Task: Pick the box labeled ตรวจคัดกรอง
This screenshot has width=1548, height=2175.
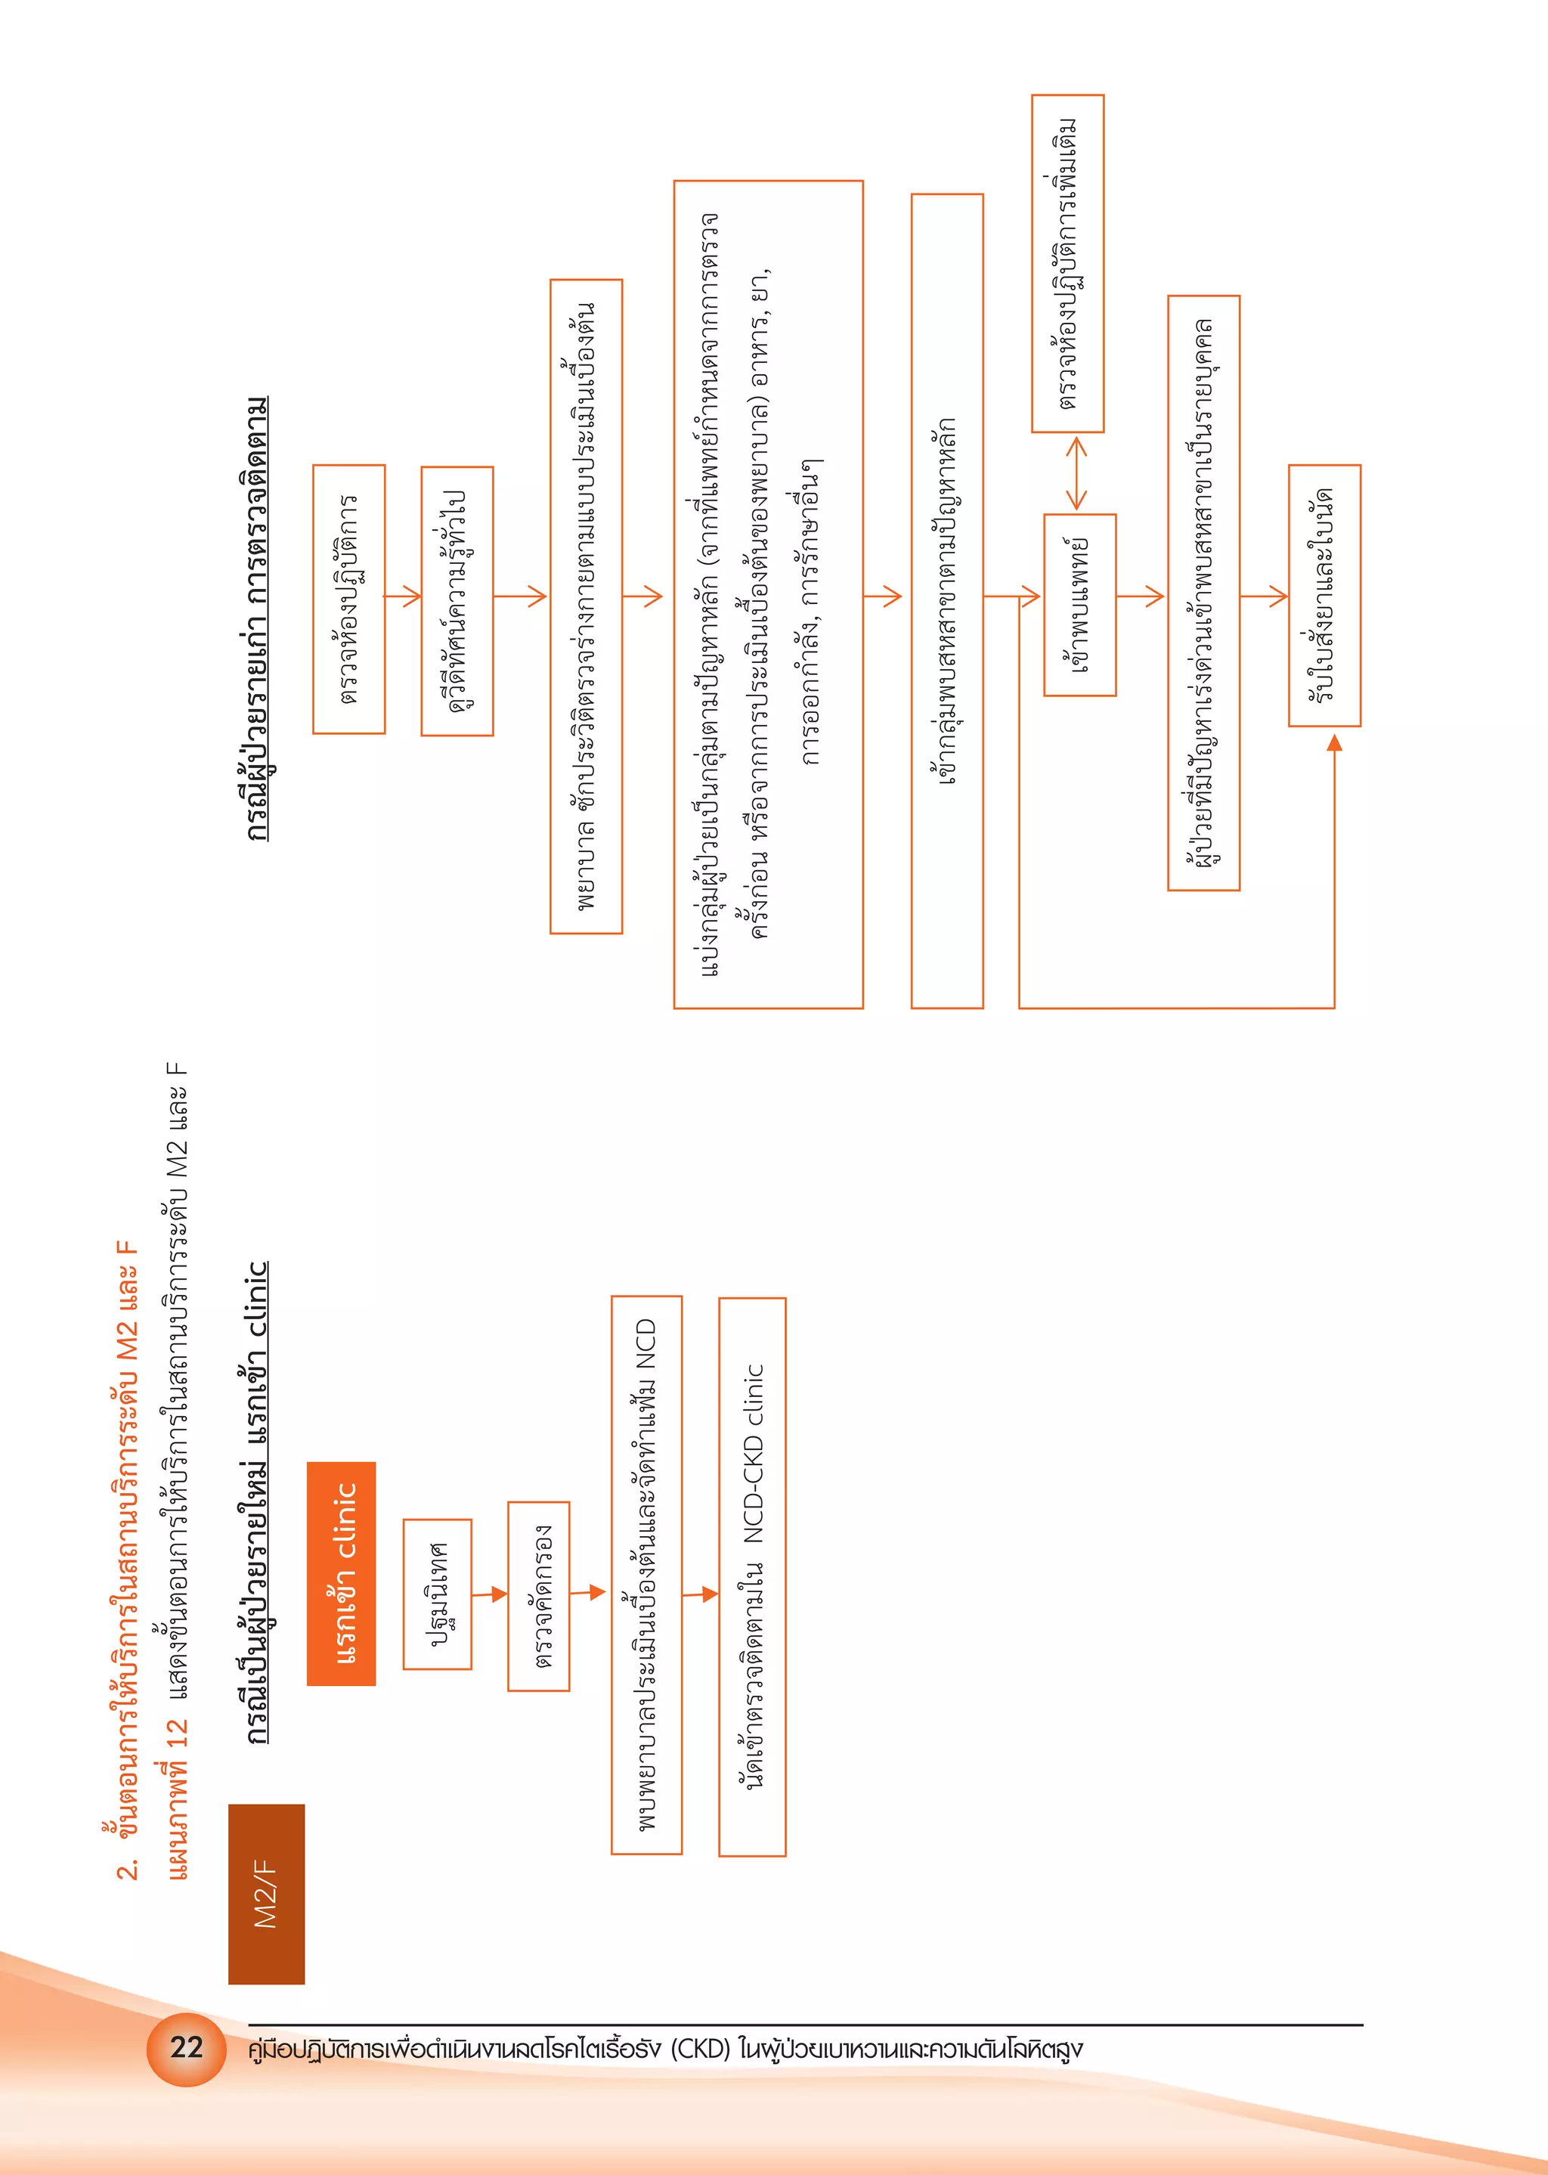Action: (539, 1595)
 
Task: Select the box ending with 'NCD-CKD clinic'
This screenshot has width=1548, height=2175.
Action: (752, 1576)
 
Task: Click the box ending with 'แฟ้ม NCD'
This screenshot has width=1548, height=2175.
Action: (646, 1575)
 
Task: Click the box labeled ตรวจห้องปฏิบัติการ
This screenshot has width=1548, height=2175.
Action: (349, 600)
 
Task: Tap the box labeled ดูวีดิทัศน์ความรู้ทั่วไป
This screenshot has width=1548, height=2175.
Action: (457, 600)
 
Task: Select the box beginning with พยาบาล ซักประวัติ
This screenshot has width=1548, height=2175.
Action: (587, 606)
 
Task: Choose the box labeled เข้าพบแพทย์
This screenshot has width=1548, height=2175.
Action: (1080, 606)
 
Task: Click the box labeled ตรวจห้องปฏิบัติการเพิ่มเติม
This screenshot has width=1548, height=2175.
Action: (1067, 263)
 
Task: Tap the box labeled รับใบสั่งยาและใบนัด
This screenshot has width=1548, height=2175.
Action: (1324, 596)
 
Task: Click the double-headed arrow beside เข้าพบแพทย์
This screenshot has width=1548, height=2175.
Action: (1076, 472)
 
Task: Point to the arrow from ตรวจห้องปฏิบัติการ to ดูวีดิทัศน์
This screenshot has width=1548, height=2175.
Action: (403, 596)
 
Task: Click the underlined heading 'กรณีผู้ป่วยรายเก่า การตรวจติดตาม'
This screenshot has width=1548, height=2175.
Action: (257, 619)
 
